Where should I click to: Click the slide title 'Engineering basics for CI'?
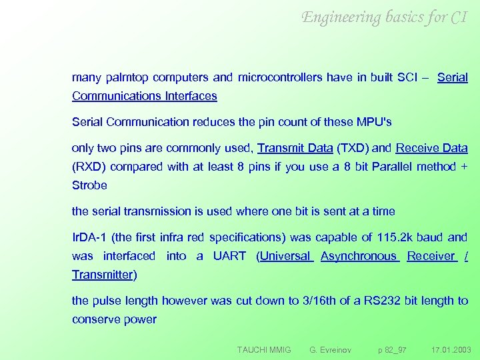pyautogui.click(x=385, y=17)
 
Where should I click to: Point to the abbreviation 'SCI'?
pyautogui.click(x=409, y=77)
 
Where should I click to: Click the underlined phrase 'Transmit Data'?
pyautogui.click(x=295, y=148)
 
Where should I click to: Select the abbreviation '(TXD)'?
pyautogui.click(x=352, y=148)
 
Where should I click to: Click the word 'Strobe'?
pyautogui.click(x=89, y=185)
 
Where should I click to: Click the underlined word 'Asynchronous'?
pyautogui.click(x=359, y=256)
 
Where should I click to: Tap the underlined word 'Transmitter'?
pyautogui.click(x=103, y=275)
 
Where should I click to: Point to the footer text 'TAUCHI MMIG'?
pyautogui.click(x=265, y=349)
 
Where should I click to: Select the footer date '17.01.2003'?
pyautogui.click(x=451, y=349)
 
